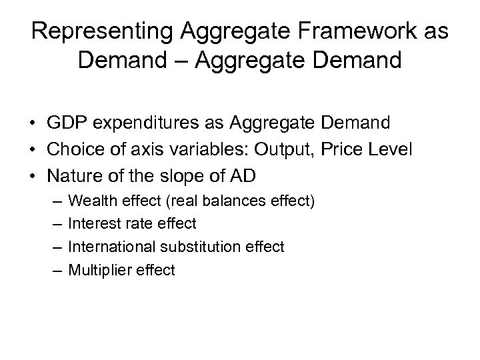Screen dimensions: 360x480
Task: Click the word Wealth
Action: point(92,199)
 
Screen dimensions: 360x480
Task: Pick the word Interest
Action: point(91,223)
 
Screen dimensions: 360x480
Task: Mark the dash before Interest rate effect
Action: point(54,223)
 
